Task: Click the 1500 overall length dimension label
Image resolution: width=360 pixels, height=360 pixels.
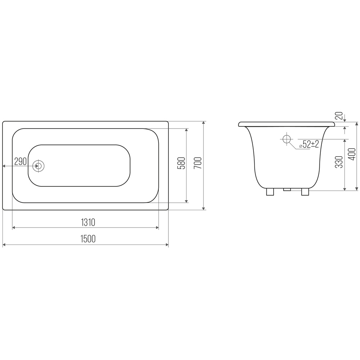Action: coord(88,239)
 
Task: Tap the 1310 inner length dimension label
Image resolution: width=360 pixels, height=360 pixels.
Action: coord(88,222)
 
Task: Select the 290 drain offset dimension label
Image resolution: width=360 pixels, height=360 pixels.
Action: coord(21,162)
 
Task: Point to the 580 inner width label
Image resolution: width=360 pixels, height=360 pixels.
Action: coord(181,163)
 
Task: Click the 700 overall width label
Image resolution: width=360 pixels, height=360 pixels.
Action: coord(198,163)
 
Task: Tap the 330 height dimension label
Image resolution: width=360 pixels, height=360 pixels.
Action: coord(339,162)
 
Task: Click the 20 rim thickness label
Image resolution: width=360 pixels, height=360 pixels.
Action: coord(339,116)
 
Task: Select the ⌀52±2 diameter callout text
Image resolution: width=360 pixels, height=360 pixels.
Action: coord(309,144)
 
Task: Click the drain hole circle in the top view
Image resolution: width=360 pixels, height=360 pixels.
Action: coord(39,166)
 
